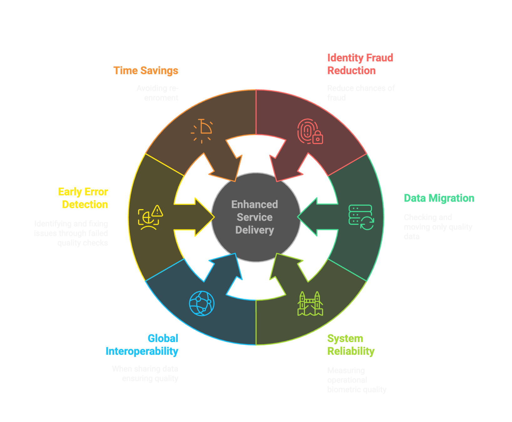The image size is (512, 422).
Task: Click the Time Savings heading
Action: pos(146,71)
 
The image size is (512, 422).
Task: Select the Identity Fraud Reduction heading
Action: pos(360,64)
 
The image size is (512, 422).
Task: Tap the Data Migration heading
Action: pos(439,198)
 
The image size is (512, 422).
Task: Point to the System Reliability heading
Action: pos(351,345)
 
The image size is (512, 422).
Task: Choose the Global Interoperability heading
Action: pos(142,345)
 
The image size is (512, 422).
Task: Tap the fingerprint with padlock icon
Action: pos(310,131)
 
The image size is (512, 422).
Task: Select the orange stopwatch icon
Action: pos(202,131)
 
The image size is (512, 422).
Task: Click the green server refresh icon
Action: pos(361,217)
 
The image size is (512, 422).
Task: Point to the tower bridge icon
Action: pos(310,304)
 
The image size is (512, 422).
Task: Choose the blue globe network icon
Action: pos(202,303)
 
